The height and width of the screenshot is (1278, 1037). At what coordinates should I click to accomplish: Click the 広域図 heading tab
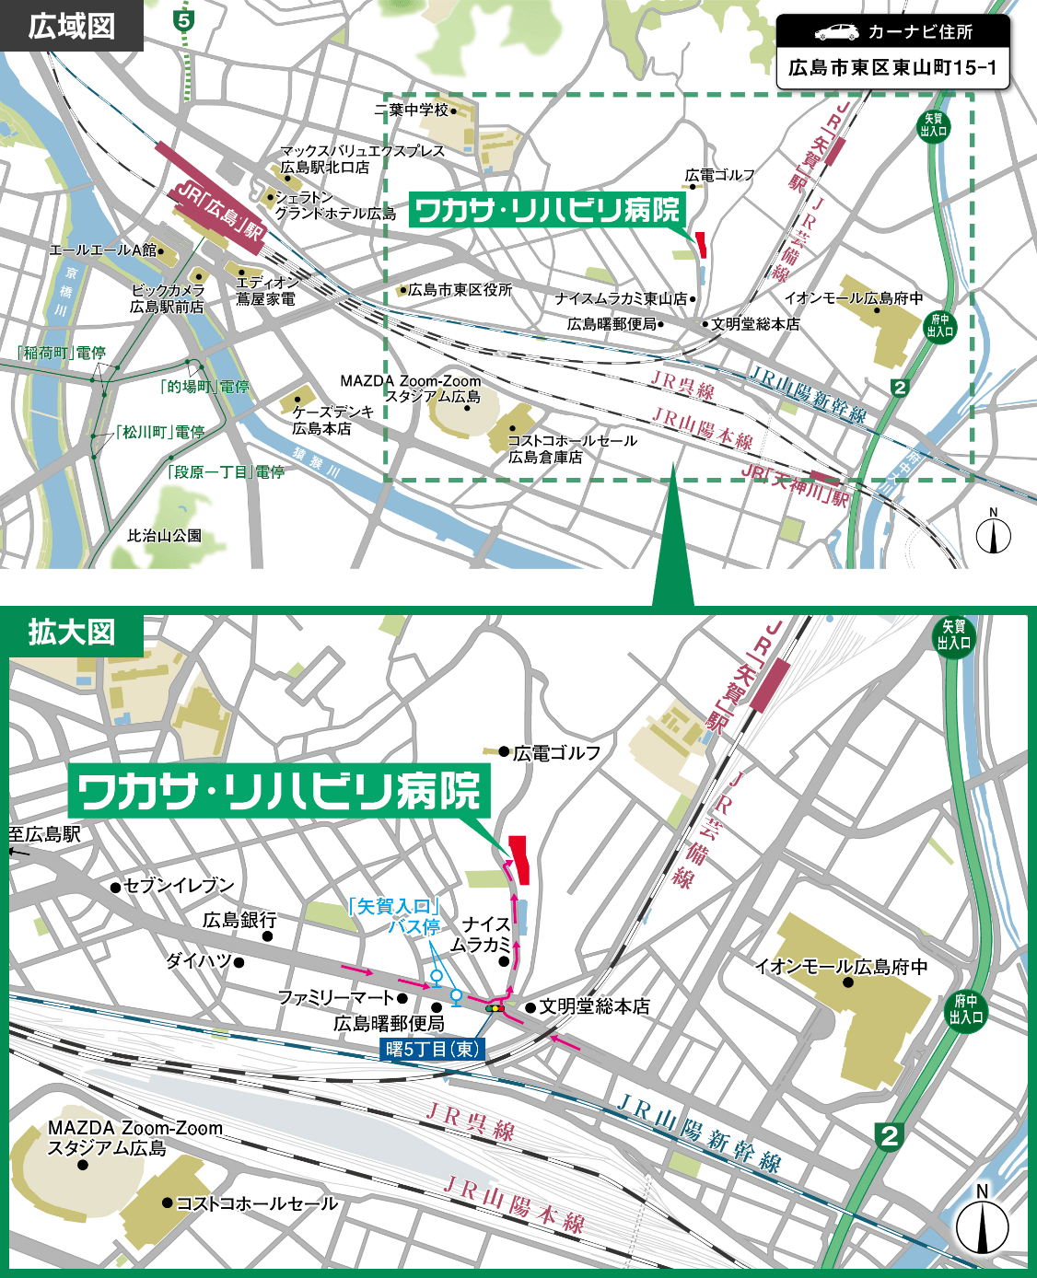[x=71, y=26]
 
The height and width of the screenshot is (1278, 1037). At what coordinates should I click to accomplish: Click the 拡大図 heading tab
[x=71, y=633]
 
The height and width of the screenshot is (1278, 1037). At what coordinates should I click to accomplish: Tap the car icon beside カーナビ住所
[x=835, y=32]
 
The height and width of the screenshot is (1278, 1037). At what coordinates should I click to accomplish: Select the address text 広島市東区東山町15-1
[x=892, y=68]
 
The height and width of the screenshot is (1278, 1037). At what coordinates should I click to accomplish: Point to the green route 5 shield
[x=185, y=20]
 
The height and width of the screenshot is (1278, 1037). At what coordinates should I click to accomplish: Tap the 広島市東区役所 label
[x=460, y=290]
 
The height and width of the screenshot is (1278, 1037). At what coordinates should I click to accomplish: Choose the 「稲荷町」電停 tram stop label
[x=63, y=353]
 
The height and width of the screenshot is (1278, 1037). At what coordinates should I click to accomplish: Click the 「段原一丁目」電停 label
[x=226, y=472]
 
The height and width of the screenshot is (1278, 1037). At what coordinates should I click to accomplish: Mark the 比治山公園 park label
[x=164, y=536]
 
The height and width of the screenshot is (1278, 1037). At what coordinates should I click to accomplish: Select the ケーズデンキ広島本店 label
[x=332, y=420]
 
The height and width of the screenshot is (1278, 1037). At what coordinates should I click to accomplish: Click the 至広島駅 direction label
[x=45, y=835]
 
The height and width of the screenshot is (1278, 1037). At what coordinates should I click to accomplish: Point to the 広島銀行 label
[x=239, y=920]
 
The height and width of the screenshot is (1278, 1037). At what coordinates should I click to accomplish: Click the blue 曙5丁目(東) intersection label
[x=432, y=1049]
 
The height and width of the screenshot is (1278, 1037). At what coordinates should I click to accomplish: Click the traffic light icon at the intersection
[x=495, y=1009]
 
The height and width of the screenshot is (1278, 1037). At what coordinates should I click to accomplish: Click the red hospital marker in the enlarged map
[x=519, y=860]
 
